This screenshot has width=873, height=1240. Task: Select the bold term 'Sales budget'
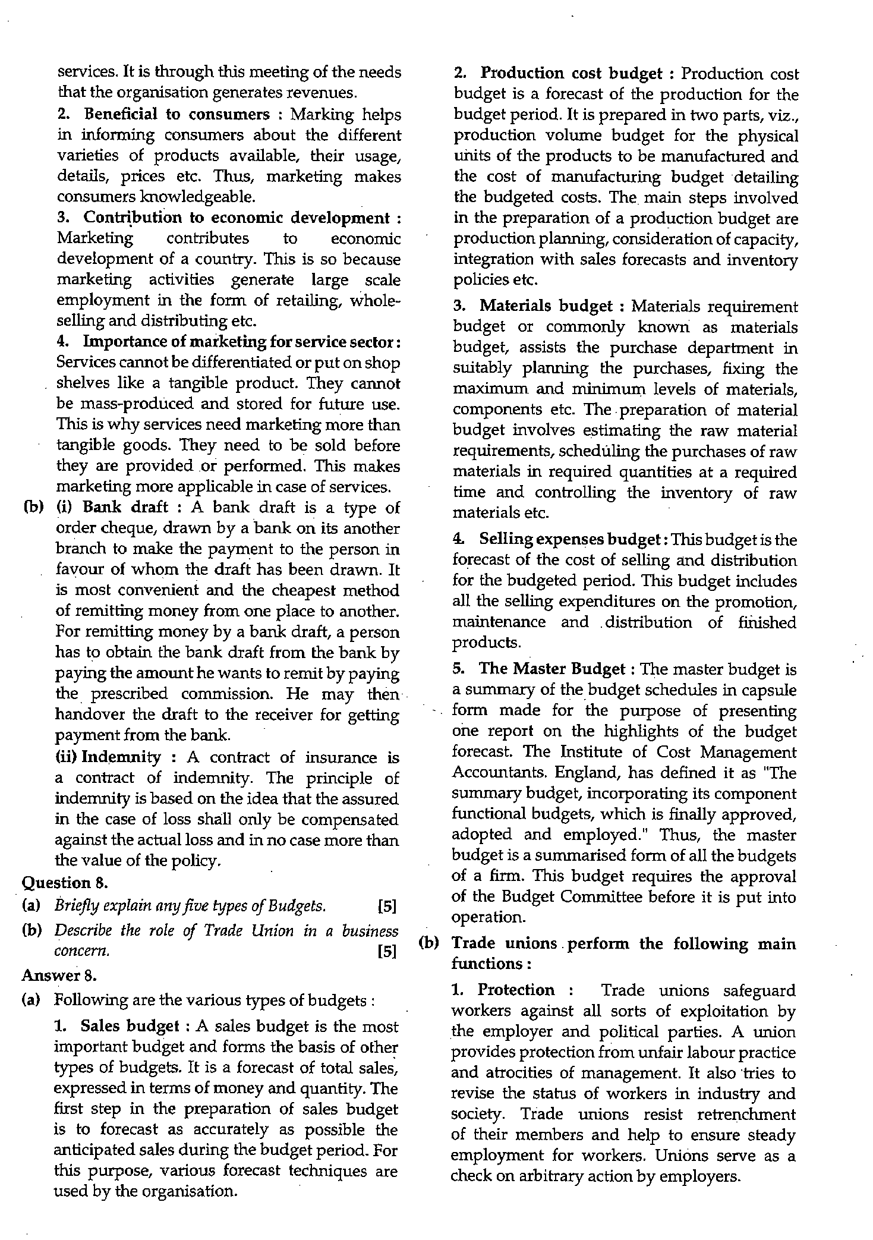[x=130, y=1026]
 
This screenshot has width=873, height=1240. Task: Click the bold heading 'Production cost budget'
[x=571, y=74]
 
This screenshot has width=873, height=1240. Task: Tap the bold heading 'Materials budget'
[x=546, y=306]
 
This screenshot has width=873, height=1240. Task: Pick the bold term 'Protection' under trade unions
[x=516, y=990]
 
